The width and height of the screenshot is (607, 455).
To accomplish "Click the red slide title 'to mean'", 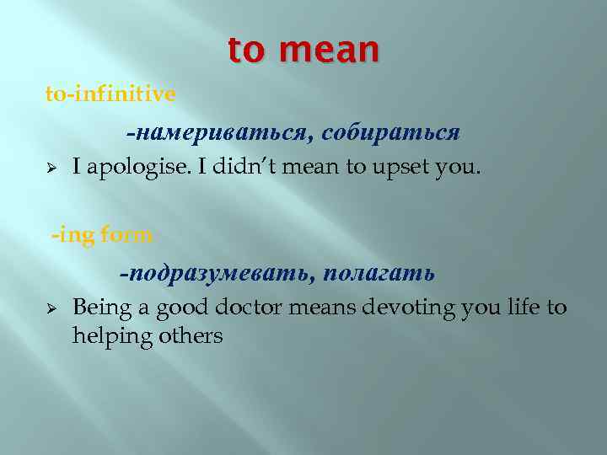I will click(303, 50).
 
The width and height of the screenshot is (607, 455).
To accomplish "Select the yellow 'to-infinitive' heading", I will click(110, 94).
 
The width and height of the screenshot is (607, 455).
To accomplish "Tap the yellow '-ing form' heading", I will click(103, 235).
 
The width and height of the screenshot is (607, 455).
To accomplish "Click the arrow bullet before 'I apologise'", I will click(51, 168).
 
